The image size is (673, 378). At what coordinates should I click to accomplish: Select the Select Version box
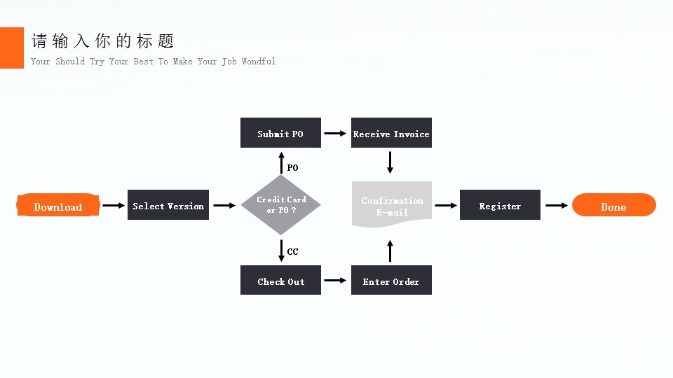(168, 205)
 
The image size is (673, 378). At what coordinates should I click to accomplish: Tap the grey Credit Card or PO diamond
(280, 204)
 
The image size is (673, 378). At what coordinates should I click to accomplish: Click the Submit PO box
(280, 133)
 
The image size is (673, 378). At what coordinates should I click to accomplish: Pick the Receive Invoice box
(391, 133)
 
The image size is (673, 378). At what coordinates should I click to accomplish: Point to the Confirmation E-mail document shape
(391, 205)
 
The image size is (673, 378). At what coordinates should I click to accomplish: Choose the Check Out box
(280, 280)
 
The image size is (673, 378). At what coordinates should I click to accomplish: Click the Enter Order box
(391, 280)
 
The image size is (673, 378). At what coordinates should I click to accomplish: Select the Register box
(500, 205)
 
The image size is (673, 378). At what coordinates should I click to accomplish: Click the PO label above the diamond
(292, 168)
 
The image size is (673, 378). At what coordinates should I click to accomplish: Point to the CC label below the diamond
(292, 252)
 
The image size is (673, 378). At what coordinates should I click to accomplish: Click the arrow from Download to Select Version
(113, 206)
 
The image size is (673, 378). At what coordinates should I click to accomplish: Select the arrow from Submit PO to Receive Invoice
(336, 133)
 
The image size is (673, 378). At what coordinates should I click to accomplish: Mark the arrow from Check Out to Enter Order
(336, 281)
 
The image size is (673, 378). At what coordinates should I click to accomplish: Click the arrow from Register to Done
(557, 206)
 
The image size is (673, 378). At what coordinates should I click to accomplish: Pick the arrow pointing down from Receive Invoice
(390, 163)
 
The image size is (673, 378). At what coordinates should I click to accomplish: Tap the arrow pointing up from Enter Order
(390, 250)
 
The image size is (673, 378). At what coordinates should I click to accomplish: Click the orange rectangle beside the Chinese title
(12, 48)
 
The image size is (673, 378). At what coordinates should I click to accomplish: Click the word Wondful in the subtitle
(259, 62)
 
